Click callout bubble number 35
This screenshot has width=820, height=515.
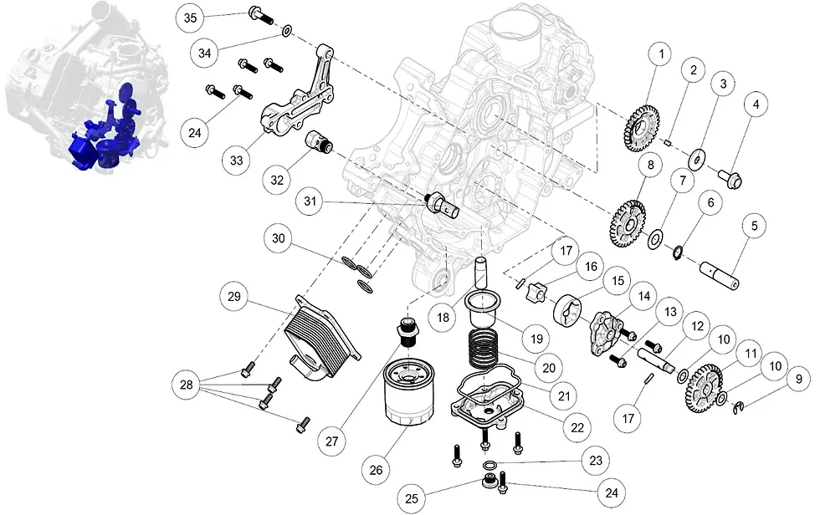190,18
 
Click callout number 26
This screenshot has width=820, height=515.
376,471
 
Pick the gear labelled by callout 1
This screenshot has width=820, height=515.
640,125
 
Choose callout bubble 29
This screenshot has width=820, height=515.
235,297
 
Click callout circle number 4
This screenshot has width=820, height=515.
756,105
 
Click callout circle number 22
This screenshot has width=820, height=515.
577,426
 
